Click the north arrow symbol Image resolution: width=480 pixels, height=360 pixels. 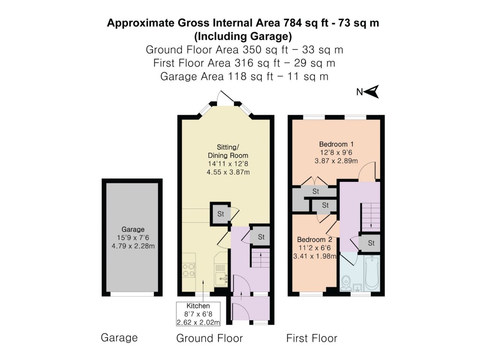pyautogui.click(x=372, y=92)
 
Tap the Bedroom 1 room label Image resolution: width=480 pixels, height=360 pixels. pyautogui.click(x=336, y=144)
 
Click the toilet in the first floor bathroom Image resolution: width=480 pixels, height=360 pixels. pyautogui.click(x=346, y=283)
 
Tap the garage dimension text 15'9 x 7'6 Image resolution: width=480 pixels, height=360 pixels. pyautogui.click(x=133, y=238)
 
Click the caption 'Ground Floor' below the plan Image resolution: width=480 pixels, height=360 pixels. pyautogui.click(x=210, y=338)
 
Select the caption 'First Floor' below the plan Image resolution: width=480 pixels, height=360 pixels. pyautogui.click(x=312, y=338)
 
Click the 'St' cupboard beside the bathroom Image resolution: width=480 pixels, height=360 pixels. pyautogui.click(x=371, y=243)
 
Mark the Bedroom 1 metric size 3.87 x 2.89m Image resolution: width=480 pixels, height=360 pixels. pyautogui.click(x=336, y=161)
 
